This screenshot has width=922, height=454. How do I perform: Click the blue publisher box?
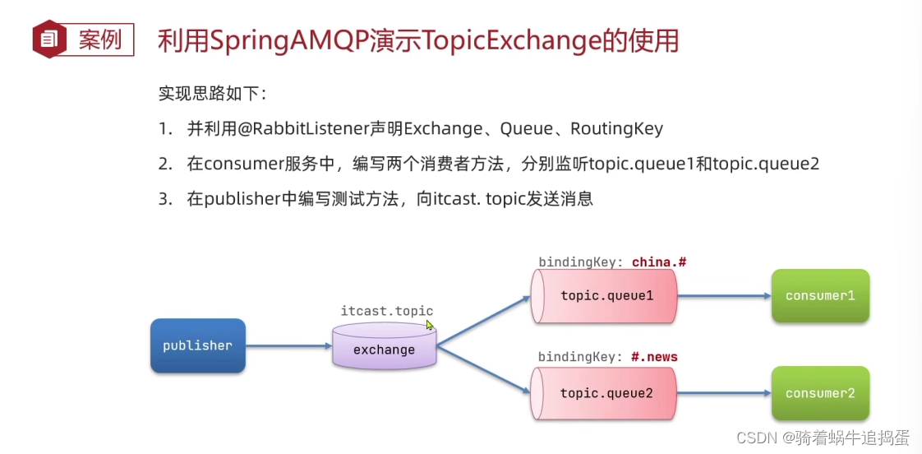click(197, 345)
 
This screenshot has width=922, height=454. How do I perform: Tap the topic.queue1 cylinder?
click(604, 295)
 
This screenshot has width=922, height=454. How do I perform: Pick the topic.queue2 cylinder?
click(604, 393)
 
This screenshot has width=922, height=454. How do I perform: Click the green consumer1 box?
click(819, 295)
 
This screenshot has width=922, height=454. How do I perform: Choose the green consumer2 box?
click(819, 393)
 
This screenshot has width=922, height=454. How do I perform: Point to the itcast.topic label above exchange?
click(386, 311)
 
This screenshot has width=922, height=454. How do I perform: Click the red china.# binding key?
click(658, 262)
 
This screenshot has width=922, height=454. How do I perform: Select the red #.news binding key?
click(654, 357)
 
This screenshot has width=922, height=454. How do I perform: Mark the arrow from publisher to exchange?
click(288, 345)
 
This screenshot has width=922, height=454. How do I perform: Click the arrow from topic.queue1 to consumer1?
click(724, 295)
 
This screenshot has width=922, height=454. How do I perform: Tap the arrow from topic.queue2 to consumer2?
click(724, 393)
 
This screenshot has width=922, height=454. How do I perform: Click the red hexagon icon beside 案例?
click(49, 39)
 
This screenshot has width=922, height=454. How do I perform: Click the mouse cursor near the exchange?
click(429, 326)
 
